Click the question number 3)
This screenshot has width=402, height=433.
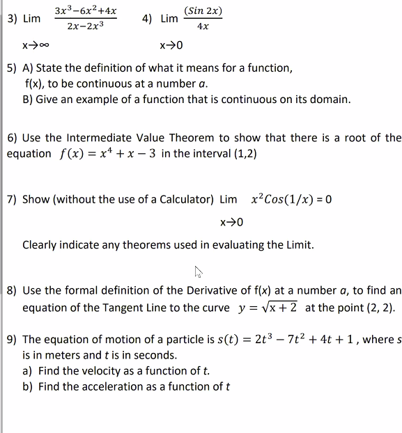click(13, 19)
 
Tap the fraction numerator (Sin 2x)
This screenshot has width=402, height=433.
click(203, 11)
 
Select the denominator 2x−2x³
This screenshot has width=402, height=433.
click(86, 26)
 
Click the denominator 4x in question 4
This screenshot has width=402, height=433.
click(203, 26)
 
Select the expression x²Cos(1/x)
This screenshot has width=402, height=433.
click(283, 200)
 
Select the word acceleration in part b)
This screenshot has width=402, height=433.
click(105, 386)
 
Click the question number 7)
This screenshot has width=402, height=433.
click(13, 200)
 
